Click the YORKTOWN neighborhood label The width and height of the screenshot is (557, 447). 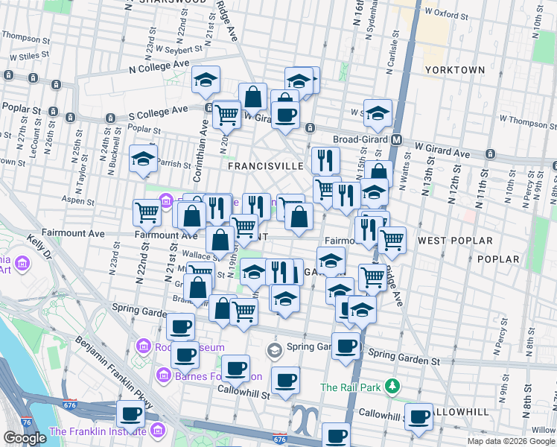coord(454,70)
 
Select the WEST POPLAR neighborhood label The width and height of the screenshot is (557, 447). coord(455,241)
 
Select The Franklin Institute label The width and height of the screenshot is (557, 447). coord(97,431)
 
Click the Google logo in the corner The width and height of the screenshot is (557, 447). coord(25,438)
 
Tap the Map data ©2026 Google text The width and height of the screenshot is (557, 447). coord(510,441)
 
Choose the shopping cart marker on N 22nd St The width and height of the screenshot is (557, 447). coord(147,213)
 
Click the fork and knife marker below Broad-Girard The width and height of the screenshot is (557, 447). coord(325,159)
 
